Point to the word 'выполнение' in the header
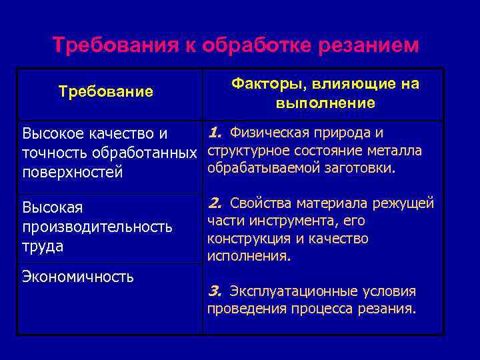[325, 103]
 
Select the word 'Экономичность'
[78, 276]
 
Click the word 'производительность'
[97, 227]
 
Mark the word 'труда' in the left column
[43, 246]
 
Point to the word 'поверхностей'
[73, 173]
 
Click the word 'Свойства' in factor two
[259, 202]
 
